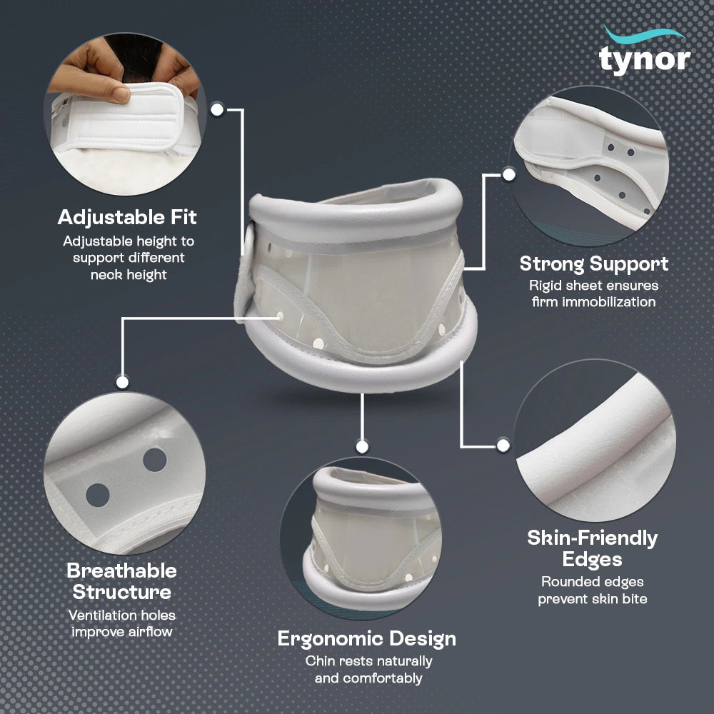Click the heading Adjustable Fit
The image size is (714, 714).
click(128, 217)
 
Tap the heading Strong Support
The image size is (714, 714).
click(594, 263)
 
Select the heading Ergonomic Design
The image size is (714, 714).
click(366, 639)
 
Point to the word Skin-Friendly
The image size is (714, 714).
click(593, 538)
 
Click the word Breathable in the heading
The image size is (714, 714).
click(121, 570)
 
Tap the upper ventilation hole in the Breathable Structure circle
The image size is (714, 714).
click(155, 460)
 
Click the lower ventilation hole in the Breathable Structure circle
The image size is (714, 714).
click(98, 495)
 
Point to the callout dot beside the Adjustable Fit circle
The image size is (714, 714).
click(217, 110)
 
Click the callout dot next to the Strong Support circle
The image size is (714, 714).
click(508, 174)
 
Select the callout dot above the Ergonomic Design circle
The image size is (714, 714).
click(362, 447)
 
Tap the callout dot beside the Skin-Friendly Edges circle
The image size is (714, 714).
click(503, 446)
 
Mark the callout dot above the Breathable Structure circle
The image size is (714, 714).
click(122, 382)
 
